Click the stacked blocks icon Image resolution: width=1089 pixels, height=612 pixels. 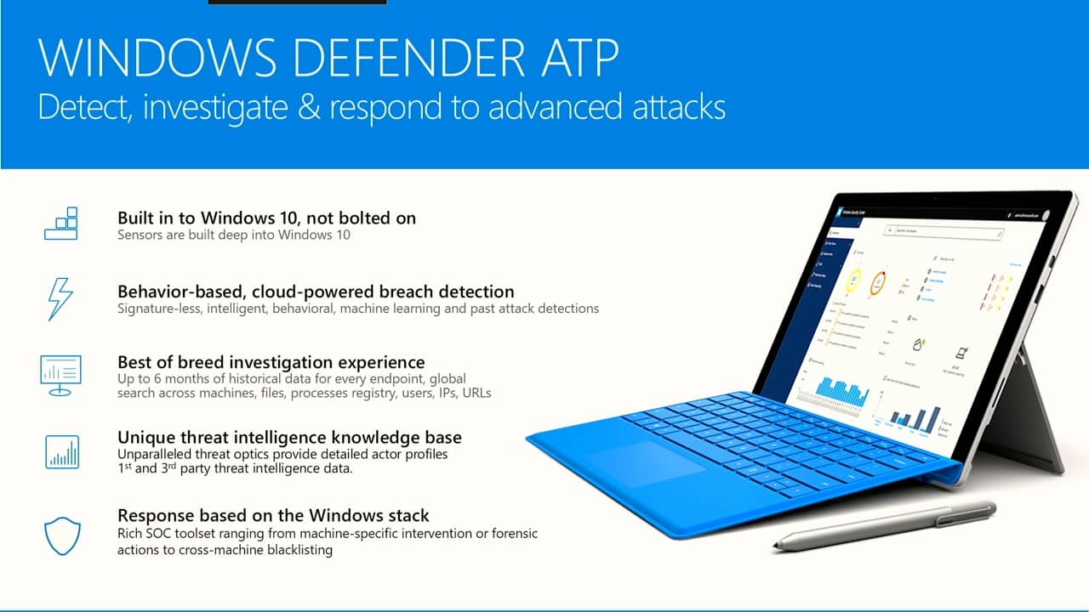tap(61, 223)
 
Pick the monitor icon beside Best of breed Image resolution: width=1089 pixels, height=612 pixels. tap(61, 375)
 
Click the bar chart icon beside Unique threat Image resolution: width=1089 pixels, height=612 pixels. tap(61, 450)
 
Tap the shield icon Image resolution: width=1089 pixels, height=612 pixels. tap(61, 535)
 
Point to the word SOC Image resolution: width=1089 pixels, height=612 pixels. tap(158, 534)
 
